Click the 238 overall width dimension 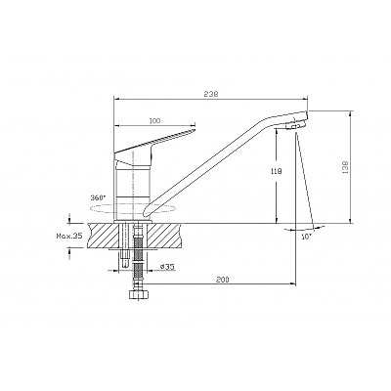click(211, 94)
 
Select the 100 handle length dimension click(154, 121)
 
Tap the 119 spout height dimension click(276, 171)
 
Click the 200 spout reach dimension click(223, 280)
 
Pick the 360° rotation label click(99, 197)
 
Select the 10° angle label click(306, 237)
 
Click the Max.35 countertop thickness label click(68, 236)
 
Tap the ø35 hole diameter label click(168, 266)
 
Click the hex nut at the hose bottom click(139, 295)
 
